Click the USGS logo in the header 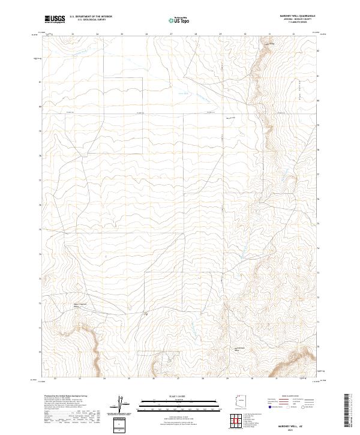[55, 19]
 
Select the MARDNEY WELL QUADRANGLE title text [298, 16]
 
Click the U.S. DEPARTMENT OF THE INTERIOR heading [91, 17]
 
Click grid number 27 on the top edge [171, 34]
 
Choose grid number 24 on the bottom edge [104, 378]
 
